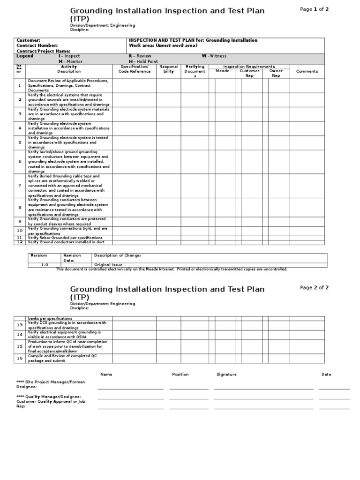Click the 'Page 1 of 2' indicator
(314, 9)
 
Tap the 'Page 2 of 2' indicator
(314, 288)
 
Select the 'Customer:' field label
(29, 40)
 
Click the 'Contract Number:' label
(37, 45)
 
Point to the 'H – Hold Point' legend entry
(143, 61)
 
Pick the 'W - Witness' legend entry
(214, 56)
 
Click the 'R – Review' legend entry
(140, 56)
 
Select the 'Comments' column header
(307, 71)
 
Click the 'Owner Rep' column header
(276, 73)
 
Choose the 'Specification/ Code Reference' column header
(134, 69)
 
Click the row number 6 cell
(20, 161)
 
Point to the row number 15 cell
(20, 346)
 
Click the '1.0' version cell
(45, 264)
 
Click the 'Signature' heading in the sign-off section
(226, 375)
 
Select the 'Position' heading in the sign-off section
(180, 375)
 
